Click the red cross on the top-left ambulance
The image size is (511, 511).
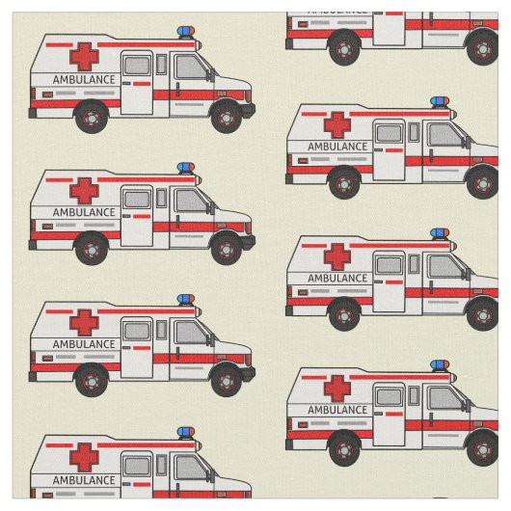click(x=84, y=57)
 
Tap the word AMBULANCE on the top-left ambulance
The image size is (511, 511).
click(x=84, y=80)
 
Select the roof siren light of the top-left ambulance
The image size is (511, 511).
click(x=186, y=32)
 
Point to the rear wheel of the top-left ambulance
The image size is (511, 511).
click(x=92, y=118)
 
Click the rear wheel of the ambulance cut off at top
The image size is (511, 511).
click(x=344, y=48)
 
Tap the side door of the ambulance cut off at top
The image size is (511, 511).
click(x=390, y=29)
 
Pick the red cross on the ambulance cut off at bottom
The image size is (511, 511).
click(x=84, y=457)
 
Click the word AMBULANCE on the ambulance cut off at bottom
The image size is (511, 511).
click(x=84, y=480)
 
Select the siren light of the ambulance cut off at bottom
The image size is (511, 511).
click(x=186, y=432)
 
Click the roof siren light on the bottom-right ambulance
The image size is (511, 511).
click(x=440, y=365)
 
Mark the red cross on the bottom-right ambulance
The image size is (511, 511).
click(x=337, y=389)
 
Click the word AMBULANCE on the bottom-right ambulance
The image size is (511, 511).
click(x=337, y=410)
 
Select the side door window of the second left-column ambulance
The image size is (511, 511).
click(x=137, y=200)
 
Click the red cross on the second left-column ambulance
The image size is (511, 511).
click(x=84, y=191)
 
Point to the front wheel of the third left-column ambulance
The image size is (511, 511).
click(x=227, y=381)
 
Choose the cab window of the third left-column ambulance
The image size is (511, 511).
click(x=191, y=332)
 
